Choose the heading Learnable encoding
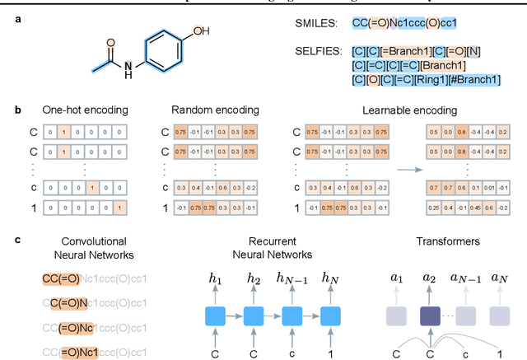pyautogui.click(x=403, y=110)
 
